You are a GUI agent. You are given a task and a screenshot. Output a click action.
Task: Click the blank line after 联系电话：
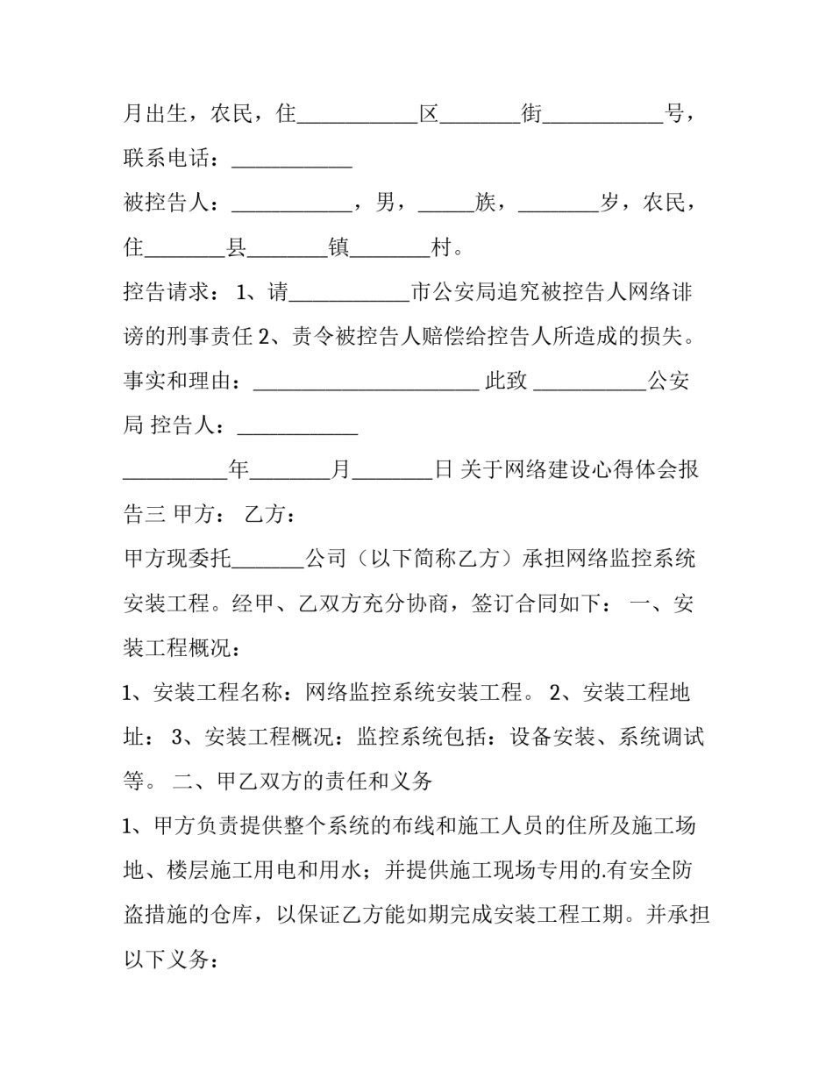pos(291,161)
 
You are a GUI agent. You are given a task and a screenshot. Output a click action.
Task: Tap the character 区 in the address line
pos(428,113)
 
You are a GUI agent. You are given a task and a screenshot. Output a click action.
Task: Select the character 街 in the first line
pos(532,113)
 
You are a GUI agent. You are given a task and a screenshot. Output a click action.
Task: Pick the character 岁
pos(610,203)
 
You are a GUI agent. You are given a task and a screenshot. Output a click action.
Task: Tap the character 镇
pos(338,248)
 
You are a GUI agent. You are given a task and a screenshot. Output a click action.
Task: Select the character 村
pos(444,248)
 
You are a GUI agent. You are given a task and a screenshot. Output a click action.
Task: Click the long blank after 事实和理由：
pos(366,383)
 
